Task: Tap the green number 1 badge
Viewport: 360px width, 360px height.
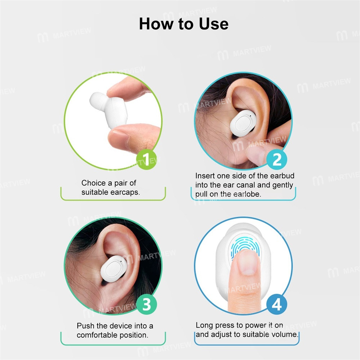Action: (146, 159)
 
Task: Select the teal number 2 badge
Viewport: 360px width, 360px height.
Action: (276, 159)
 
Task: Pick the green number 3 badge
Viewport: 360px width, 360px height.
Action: (146, 305)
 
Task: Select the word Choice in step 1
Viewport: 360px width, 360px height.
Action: (94, 183)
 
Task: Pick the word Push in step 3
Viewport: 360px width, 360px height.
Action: (86, 326)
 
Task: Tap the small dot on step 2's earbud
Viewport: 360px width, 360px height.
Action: (249, 116)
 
